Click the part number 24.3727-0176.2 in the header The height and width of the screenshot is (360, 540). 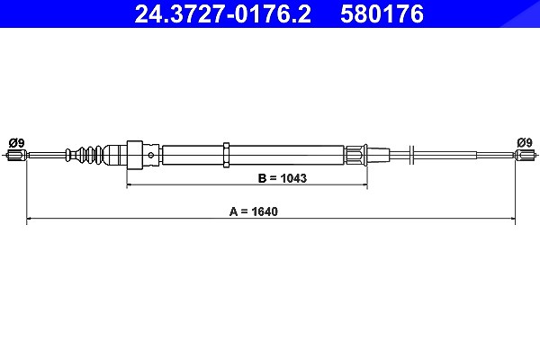click(x=223, y=13)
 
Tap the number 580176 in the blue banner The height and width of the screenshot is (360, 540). click(x=382, y=13)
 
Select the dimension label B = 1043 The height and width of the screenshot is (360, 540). click(x=282, y=178)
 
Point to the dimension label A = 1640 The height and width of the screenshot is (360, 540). click(x=254, y=211)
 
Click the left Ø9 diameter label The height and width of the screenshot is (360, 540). click(x=16, y=142)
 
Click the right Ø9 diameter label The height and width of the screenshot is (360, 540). click(x=525, y=142)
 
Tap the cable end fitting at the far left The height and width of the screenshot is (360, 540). click(x=16, y=155)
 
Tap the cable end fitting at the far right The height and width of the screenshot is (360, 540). click(x=526, y=155)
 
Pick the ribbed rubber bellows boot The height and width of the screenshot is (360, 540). click(x=85, y=155)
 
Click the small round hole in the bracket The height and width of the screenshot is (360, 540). click(x=151, y=155)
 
